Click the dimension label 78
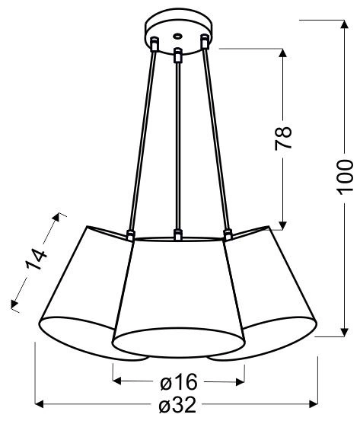283,137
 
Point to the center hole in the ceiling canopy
177,35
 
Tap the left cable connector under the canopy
155,46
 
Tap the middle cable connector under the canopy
177,56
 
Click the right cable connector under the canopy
203,43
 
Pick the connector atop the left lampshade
130,235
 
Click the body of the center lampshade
177,297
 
